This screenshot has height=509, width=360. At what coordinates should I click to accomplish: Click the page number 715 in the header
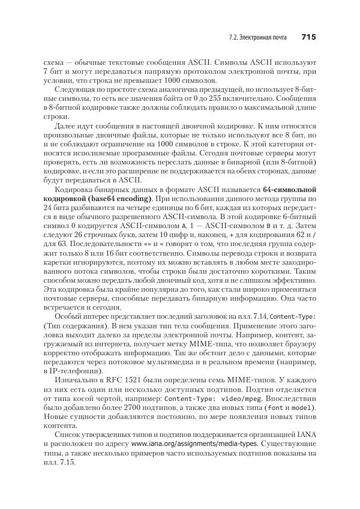[x=308, y=37]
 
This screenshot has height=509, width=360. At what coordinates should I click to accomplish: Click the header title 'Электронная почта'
[x=265, y=38]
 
